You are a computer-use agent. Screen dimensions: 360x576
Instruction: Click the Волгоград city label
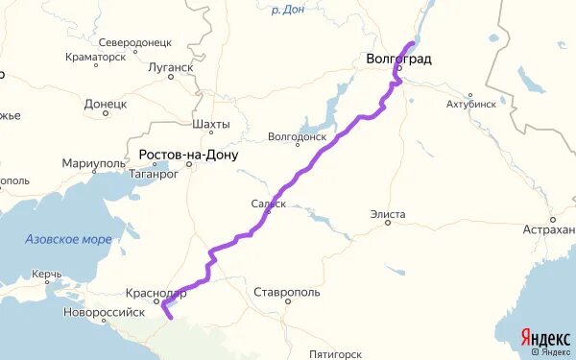(x=398, y=60)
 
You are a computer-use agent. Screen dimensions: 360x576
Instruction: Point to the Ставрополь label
(x=287, y=292)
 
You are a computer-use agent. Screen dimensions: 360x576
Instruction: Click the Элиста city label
(x=388, y=214)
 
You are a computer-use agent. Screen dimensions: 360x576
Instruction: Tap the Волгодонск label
(x=299, y=136)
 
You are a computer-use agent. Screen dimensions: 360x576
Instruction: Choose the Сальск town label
(x=269, y=204)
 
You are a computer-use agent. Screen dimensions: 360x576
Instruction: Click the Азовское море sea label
(x=68, y=239)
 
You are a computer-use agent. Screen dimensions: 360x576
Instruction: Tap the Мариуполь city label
(x=93, y=164)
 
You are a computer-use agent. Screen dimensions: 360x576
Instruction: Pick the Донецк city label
(x=105, y=103)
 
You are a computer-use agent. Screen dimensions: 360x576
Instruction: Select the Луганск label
(x=171, y=68)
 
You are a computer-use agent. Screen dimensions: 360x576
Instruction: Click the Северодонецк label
(x=134, y=43)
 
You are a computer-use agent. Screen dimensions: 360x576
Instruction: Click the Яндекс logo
(x=545, y=338)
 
